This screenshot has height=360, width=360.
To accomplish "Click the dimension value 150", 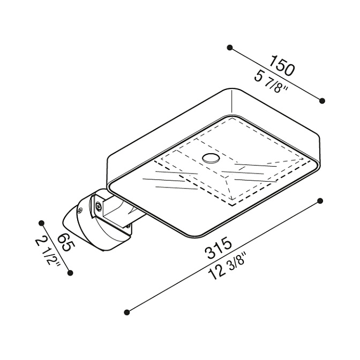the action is (x=282, y=65).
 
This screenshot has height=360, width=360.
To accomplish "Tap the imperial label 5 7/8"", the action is (x=271, y=82).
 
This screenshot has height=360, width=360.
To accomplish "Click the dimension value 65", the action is (x=65, y=243).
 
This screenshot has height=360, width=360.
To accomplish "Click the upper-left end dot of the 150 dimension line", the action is (x=229, y=48).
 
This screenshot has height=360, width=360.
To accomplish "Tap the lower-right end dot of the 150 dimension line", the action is (x=322, y=101).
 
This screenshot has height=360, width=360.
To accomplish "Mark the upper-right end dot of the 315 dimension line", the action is (x=320, y=201).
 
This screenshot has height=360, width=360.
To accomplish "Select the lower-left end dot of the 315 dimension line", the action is (x=127, y=312).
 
